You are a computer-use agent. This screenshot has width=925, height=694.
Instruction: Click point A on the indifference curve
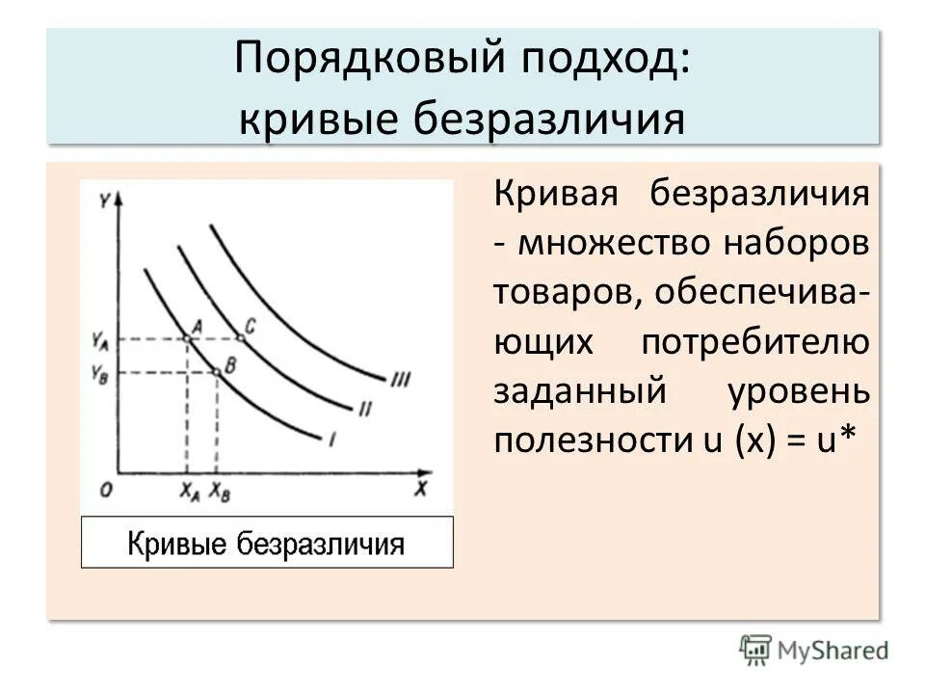[187, 337]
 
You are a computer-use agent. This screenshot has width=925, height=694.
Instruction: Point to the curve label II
[365, 409]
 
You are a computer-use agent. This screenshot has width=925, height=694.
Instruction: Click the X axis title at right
[421, 489]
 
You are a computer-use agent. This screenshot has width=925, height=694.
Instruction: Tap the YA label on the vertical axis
[100, 339]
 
